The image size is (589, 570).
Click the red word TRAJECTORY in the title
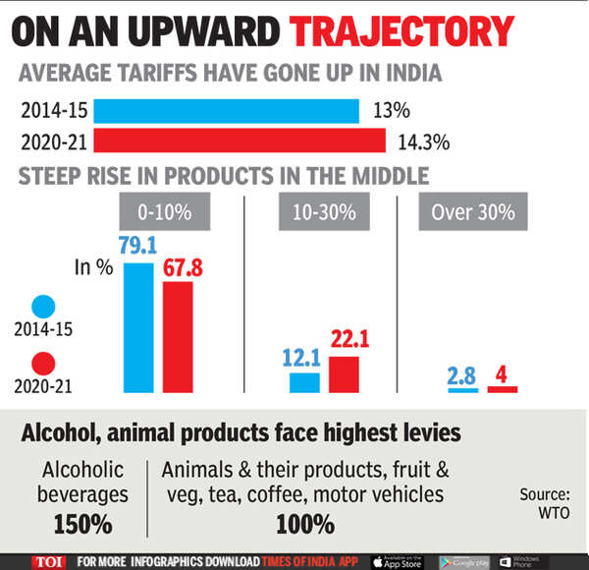point(402,30)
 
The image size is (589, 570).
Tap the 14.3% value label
point(424,142)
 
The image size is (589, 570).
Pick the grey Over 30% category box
point(473,212)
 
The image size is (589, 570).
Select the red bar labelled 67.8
point(178,337)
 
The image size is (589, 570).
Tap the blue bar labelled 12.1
point(304,382)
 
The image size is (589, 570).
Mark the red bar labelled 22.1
point(344,374)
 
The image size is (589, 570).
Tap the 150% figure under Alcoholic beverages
point(83,523)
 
